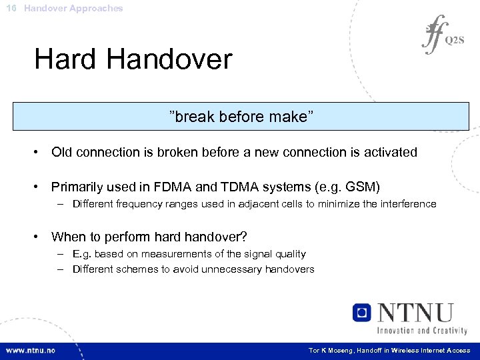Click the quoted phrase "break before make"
click(241, 117)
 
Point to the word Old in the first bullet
click(62, 153)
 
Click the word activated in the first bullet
click(389, 153)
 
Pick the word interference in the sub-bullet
click(408, 204)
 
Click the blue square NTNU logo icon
click(361, 312)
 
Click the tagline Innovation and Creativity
click(422, 330)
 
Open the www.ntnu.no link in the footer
click(31, 351)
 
